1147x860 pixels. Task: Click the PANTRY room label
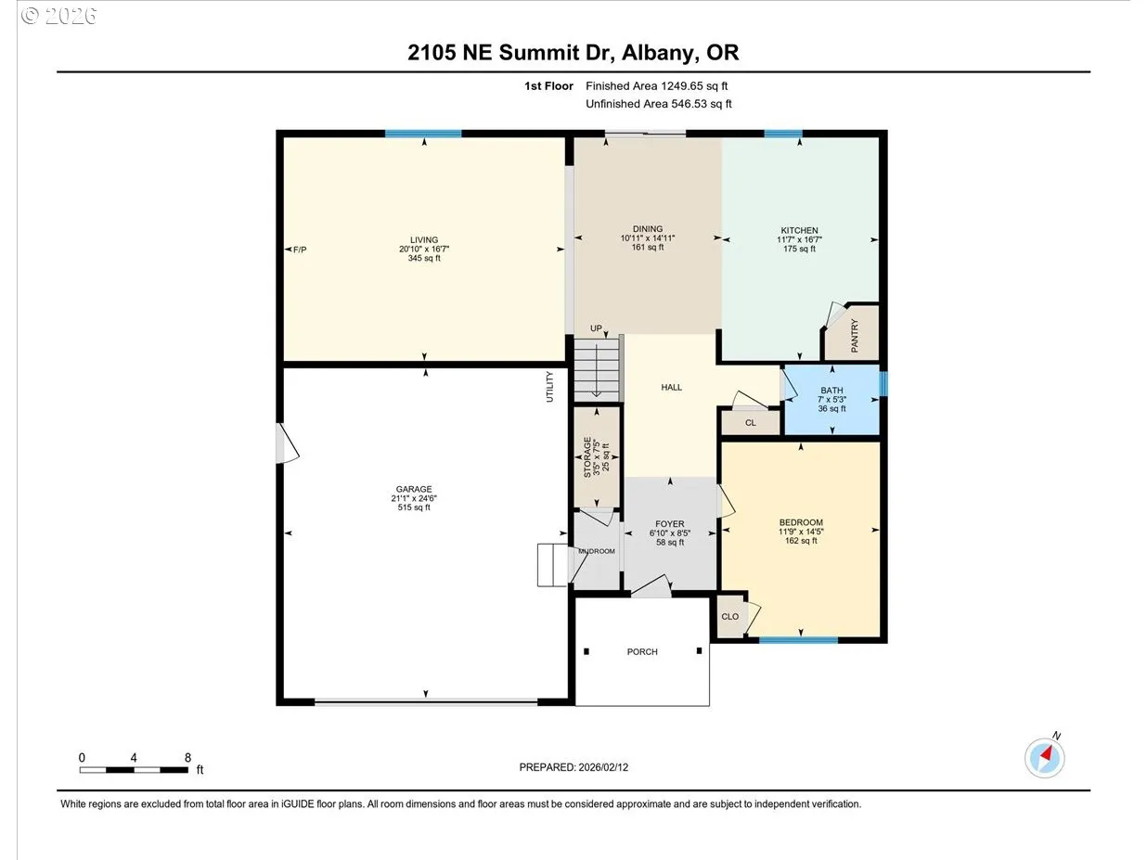(x=855, y=336)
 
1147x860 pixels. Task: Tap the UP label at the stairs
(x=596, y=328)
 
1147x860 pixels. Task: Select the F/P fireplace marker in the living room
(x=300, y=250)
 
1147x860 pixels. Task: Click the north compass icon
(x=1045, y=758)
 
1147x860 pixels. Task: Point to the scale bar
(x=134, y=770)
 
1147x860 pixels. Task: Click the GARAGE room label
(x=414, y=489)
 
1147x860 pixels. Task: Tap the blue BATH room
(x=831, y=400)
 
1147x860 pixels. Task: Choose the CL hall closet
(x=751, y=422)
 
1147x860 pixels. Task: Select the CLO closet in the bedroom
(x=730, y=617)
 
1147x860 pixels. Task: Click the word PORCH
(x=642, y=651)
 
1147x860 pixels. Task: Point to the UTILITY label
(x=549, y=387)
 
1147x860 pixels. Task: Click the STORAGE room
(x=597, y=457)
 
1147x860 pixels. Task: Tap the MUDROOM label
(x=596, y=551)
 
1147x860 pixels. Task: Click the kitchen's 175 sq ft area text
(x=800, y=249)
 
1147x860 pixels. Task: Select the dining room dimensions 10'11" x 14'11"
(x=648, y=238)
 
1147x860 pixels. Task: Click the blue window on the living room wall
(x=423, y=134)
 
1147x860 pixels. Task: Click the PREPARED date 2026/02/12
(x=603, y=767)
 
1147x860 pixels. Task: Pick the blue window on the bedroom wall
(x=798, y=639)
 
